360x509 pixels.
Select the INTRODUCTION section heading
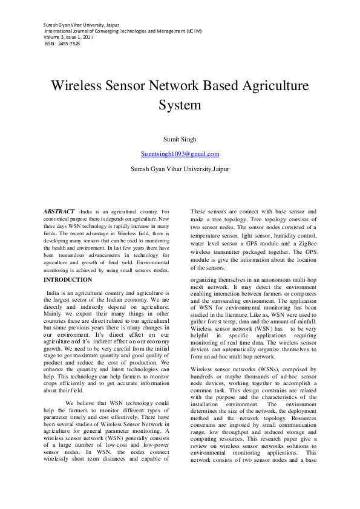[69, 280]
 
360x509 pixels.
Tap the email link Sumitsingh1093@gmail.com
[180, 154]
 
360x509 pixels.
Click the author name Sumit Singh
[180, 139]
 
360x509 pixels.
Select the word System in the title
[180, 105]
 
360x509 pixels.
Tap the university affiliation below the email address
[180, 169]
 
